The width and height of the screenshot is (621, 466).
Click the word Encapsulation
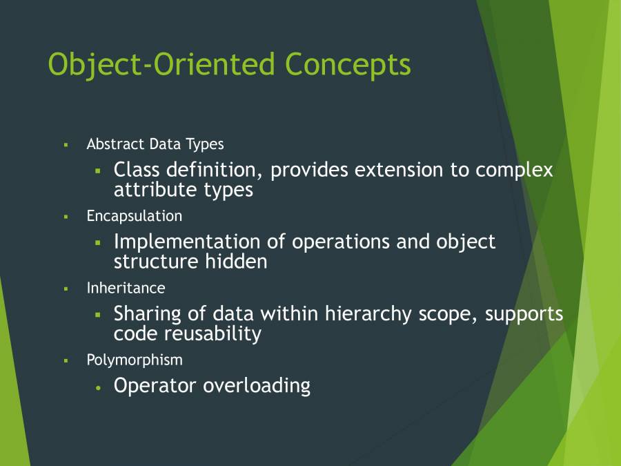click(x=135, y=216)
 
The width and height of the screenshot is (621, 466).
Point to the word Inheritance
click(x=126, y=288)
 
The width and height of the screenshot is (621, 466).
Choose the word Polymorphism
click(x=135, y=360)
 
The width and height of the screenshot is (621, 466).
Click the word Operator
click(x=155, y=385)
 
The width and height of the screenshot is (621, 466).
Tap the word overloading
click(x=257, y=385)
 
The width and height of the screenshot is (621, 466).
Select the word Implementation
click(x=187, y=242)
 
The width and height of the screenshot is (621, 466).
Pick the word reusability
click(x=213, y=333)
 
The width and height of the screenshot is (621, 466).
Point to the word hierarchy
click(x=368, y=314)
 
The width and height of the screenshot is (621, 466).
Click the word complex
click(x=514, y=170)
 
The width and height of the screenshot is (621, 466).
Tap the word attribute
click(x=155, y=189)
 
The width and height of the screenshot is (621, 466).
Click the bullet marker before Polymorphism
click(x=66, y=360)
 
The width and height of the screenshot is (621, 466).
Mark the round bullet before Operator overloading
click(x=99, y=388)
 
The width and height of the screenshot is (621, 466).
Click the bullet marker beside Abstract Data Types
click(x=66, y=145)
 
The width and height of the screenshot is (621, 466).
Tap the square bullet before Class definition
click(x=98, y=171)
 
